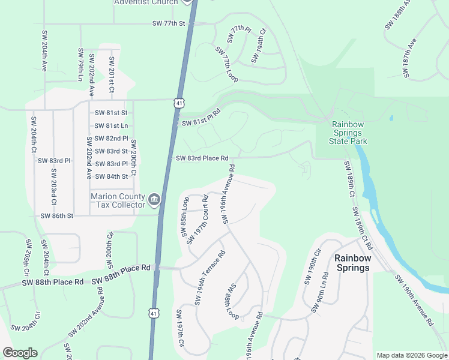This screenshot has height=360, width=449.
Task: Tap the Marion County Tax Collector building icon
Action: pos(154,199)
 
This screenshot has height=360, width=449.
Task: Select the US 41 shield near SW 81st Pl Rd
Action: pos(178,104)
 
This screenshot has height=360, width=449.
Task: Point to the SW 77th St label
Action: pos(170,23)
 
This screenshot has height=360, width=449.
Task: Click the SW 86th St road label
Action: pos(56,215)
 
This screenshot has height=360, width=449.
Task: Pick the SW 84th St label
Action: pos(112,176)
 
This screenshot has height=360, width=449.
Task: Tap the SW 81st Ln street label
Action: pos(112,125)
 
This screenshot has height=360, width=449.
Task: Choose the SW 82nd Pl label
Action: pos(112,138)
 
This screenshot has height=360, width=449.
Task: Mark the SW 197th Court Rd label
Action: pos(197,220)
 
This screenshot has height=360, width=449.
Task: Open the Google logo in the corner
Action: pos(20,353)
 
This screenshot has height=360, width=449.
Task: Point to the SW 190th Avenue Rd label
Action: pos(414,300)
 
